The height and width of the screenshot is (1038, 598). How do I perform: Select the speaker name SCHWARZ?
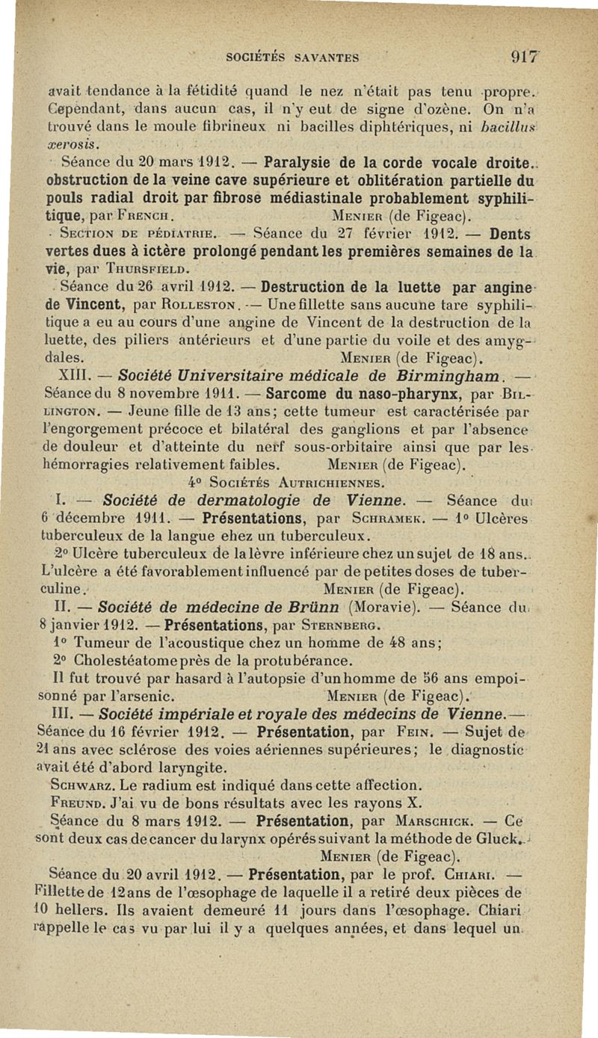point(76,785)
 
